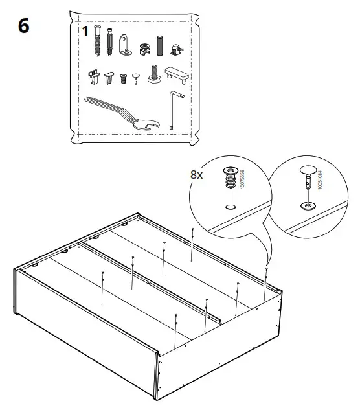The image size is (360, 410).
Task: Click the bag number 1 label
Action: [84, 31]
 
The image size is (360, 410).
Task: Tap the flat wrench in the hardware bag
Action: [117, 110]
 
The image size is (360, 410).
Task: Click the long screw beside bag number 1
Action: [97, 42]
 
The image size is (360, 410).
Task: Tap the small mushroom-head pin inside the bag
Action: [135, 79]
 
